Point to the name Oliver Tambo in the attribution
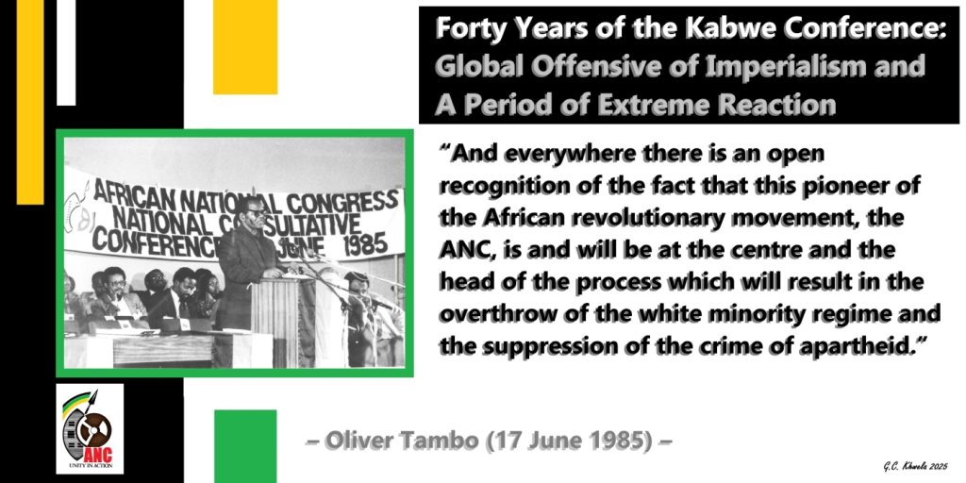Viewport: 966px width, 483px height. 396,441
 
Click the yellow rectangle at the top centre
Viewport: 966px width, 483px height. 245,47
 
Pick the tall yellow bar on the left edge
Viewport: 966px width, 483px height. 30,104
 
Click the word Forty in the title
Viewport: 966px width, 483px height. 468,29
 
